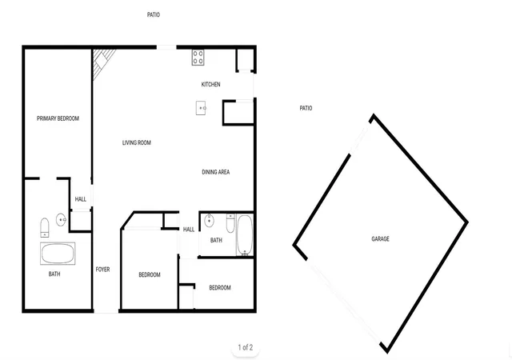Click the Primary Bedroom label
coord(58,118)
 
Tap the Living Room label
coord(137,142)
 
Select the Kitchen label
coord(210,84)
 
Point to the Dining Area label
coord(216,172)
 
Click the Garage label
coord(381,239)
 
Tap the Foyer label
coord(102,270)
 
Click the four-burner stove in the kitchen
coord(198,58)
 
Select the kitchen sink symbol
coord(201,108)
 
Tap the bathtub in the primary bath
coord(58,254)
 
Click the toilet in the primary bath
coord(45,227)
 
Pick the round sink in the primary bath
coord(61,220)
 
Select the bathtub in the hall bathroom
coord(245,235)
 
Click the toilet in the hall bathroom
coord(230,223)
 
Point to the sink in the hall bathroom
coord(209,221)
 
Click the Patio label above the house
coord(154,14)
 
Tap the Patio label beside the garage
coord(306,108)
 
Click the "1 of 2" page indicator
coord(246,347)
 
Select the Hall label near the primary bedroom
coord(81,199)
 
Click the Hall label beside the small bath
coord(189,230)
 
